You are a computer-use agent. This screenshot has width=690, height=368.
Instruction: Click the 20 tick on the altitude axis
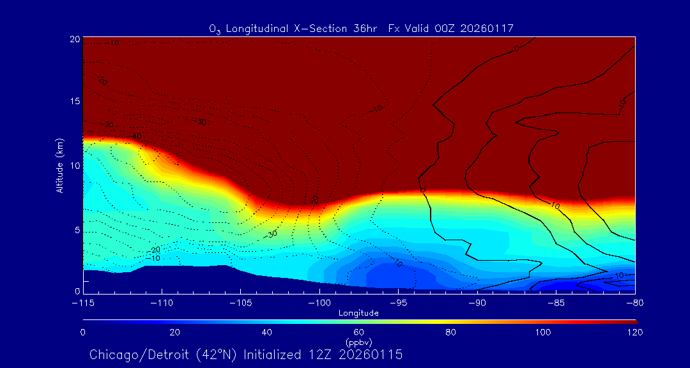pyautogui.click(x=74, y=39)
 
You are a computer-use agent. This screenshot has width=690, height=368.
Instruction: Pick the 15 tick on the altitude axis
pyautogui.click(x=74, y=102)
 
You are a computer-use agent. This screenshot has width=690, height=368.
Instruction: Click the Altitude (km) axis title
pyautogui.click(x=59, y=165)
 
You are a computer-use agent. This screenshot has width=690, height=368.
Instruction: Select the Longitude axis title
pyautogui.click(x=359, y=313)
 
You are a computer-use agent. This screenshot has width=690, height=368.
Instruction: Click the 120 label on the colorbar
pyautogui.click(x=635, y=332)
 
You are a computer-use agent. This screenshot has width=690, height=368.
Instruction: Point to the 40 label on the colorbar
pyautogui.click(x=267, y=332)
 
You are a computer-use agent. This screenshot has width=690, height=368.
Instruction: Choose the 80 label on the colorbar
pyautogui.click(x=452, y=332)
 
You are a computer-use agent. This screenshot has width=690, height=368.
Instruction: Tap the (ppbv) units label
pyautogui.click(x=359, y=342)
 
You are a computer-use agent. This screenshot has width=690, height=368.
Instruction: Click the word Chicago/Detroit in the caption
pyautogui.click(x=132, y=355)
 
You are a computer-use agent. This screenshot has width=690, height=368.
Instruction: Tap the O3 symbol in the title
pyautogui.click(x=215, y=29)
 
